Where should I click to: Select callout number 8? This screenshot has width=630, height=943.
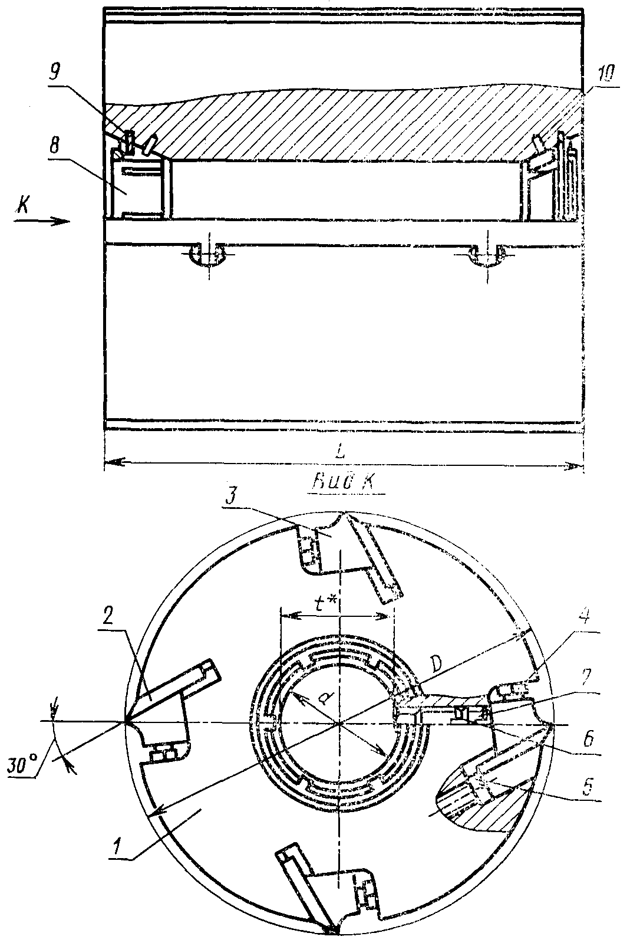point(54,147)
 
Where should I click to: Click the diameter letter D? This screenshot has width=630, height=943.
point(436,665)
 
